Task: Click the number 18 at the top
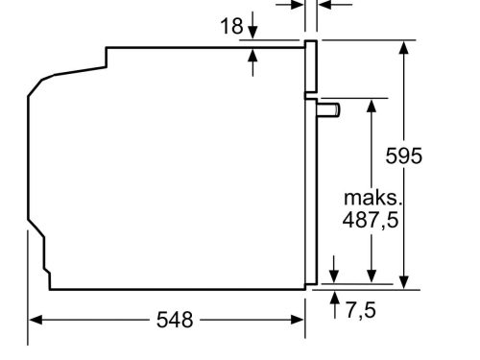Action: pos(232,26)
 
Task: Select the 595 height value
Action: pos(403,156)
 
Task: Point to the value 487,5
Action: pos(370,220)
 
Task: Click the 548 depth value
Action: pos(174,320)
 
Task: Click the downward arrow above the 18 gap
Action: pos(253,32)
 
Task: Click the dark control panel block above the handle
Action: pos(311,67)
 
